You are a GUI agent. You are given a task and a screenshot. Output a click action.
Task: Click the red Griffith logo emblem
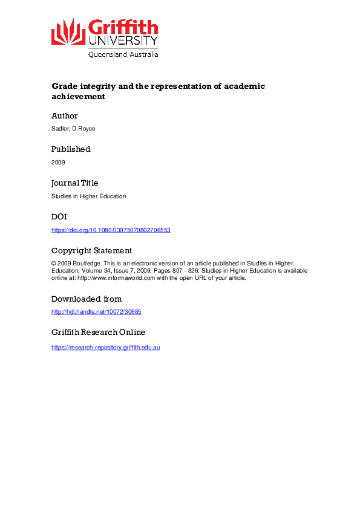point(68,31)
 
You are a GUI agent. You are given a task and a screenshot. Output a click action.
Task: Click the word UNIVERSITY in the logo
point(123,41)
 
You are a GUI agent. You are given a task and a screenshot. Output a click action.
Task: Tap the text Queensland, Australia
point(123,54)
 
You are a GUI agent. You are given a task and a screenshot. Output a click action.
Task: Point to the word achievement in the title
point(79,96)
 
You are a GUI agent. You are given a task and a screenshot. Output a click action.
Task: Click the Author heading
point(65,115)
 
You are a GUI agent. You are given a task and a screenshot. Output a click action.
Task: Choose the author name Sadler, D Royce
point(71,129)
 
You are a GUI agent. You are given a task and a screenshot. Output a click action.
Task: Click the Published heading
point(71,149)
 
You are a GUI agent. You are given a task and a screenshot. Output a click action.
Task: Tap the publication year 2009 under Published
point(58,162)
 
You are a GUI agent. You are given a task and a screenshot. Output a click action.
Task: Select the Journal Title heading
point(74,183)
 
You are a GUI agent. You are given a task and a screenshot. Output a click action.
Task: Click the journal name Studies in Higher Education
point(88,196)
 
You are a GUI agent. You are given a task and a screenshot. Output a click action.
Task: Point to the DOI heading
point(59,216)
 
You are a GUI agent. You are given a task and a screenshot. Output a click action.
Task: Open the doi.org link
point(111,230)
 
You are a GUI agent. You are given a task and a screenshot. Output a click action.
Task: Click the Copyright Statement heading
point(91,250)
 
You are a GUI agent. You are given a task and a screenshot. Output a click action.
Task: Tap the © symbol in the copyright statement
point(54,264)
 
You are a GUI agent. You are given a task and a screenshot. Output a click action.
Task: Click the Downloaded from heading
point(87,299)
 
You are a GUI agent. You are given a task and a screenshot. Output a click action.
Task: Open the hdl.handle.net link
point(96,312)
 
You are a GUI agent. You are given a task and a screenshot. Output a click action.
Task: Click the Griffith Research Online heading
point(99,332)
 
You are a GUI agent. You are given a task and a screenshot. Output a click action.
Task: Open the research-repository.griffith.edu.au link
point(106,348)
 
